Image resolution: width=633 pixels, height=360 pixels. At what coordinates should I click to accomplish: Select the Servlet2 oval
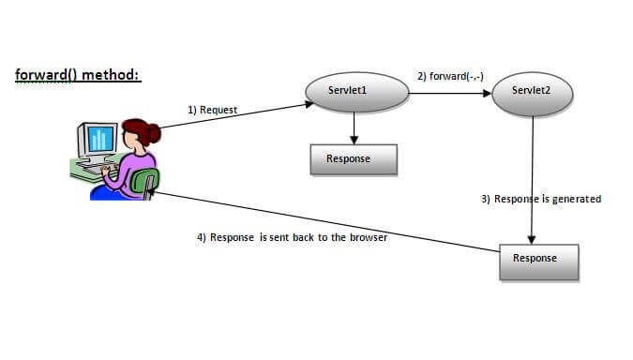click(533, 91)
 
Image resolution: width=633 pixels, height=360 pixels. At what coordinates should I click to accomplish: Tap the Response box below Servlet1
click(354, 159)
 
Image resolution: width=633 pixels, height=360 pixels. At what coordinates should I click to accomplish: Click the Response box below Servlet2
click(538, 260)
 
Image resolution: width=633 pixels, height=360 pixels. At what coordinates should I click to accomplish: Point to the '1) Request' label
click(213, 110)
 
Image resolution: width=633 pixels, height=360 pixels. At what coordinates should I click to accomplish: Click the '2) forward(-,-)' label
click(450, 75)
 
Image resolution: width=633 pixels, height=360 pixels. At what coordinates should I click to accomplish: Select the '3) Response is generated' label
click(540, 200)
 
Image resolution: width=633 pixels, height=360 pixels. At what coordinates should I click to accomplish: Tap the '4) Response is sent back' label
click(293, 237)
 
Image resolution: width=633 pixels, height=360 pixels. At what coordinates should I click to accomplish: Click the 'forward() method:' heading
click(78, 74)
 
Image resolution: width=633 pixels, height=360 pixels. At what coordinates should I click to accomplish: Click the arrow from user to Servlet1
click(234, 116)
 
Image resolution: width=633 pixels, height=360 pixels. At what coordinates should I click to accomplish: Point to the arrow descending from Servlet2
click(533, 178)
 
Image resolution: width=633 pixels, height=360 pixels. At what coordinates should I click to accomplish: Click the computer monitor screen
click(99, 140)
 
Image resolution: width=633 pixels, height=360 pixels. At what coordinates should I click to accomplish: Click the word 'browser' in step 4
click(367, 237)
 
